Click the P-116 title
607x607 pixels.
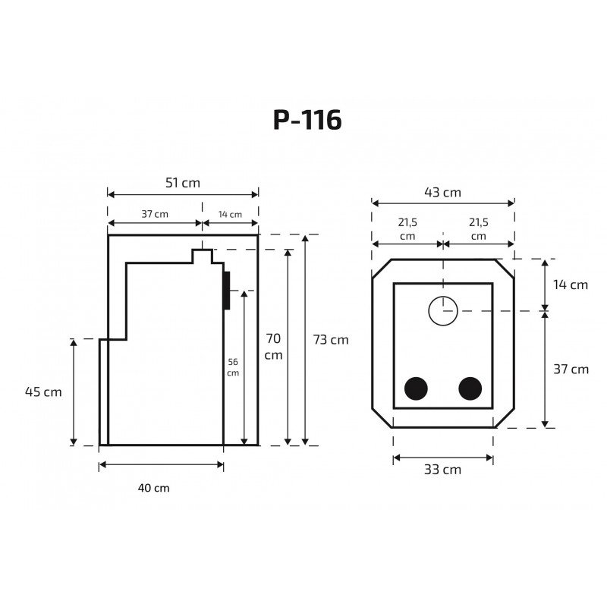pos(307,120)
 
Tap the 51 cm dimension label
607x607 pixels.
pos(183,183)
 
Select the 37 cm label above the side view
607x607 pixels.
pos(155,214)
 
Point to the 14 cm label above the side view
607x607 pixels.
pos(230,214)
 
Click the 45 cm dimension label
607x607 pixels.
pos(43,392)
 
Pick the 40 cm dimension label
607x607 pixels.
pos(154,488)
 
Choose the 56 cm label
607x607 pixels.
pos(233,367)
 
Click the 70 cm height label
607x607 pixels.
pos(273,347)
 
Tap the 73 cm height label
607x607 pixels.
pos(331,339)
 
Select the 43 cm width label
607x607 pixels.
pos(442,193)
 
